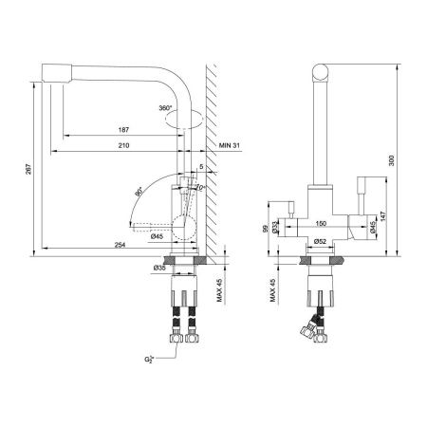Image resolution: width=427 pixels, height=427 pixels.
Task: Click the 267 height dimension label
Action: point(27,169)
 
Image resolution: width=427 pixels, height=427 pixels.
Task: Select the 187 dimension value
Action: point(124,129)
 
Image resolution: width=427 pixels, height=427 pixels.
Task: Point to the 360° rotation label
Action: point(166,109)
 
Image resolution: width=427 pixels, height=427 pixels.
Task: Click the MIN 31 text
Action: point(230,144)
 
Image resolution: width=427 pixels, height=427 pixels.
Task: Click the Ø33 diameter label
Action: point(274,228)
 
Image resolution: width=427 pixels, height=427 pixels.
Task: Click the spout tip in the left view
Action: point(54,72)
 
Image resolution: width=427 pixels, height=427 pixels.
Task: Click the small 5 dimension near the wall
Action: point(201,168)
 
